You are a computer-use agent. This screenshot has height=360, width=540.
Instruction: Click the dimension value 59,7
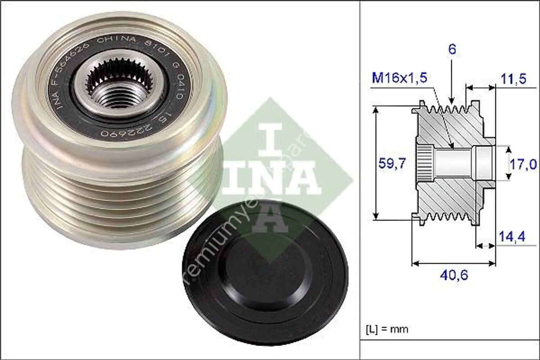pyautogui.click(x=392, y=164)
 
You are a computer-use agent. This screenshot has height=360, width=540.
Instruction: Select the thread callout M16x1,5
pyautogui.click(x=399, y=78)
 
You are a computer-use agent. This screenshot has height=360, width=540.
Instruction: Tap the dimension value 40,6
pyautogui.click(x=454, y=275)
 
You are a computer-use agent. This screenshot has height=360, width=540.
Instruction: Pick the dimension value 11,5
pyautogui.click(x=513, y=79)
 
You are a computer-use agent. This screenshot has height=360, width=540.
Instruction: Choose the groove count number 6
pyautogui.click(x=452, y=49)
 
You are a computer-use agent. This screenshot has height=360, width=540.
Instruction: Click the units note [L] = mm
pyautogui.click(x=387, y=328)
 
